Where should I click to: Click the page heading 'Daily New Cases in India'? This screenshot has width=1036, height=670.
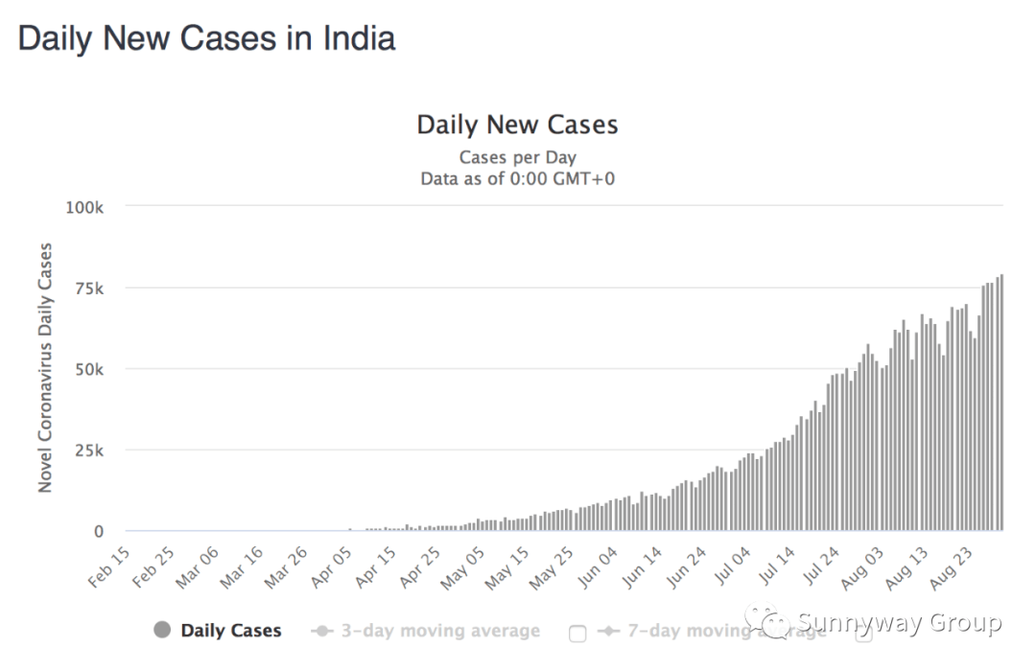pos(206,38)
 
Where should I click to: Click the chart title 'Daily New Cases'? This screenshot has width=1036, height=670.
pos(517,125)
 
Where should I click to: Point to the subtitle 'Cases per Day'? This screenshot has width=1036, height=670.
pos(517,158)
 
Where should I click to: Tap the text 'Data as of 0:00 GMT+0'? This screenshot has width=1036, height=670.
pos(517,179)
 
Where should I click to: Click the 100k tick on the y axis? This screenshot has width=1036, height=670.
pos(84,208)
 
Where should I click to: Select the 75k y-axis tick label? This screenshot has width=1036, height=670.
pos(89,289)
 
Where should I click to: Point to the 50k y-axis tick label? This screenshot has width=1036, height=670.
pos(89,370)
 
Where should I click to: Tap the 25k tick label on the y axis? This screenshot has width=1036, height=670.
pos(89,451)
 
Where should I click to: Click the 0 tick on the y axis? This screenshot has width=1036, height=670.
pos(99,532)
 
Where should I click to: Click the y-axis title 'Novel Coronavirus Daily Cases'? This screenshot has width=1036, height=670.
pos(44,368)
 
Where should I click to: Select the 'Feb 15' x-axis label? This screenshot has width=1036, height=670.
pos(109,567)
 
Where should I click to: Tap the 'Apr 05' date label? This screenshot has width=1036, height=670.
pos(332,567)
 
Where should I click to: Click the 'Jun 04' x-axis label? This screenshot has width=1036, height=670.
pos(599,567)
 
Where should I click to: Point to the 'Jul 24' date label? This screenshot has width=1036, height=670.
pos(820,567)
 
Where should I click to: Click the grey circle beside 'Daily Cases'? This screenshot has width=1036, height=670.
pos(162,631)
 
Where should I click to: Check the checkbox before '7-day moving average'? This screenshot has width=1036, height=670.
pos(577,634)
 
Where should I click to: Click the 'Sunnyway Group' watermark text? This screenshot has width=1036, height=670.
pos(899,622)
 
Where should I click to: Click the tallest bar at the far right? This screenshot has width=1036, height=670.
pos(1001,402)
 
